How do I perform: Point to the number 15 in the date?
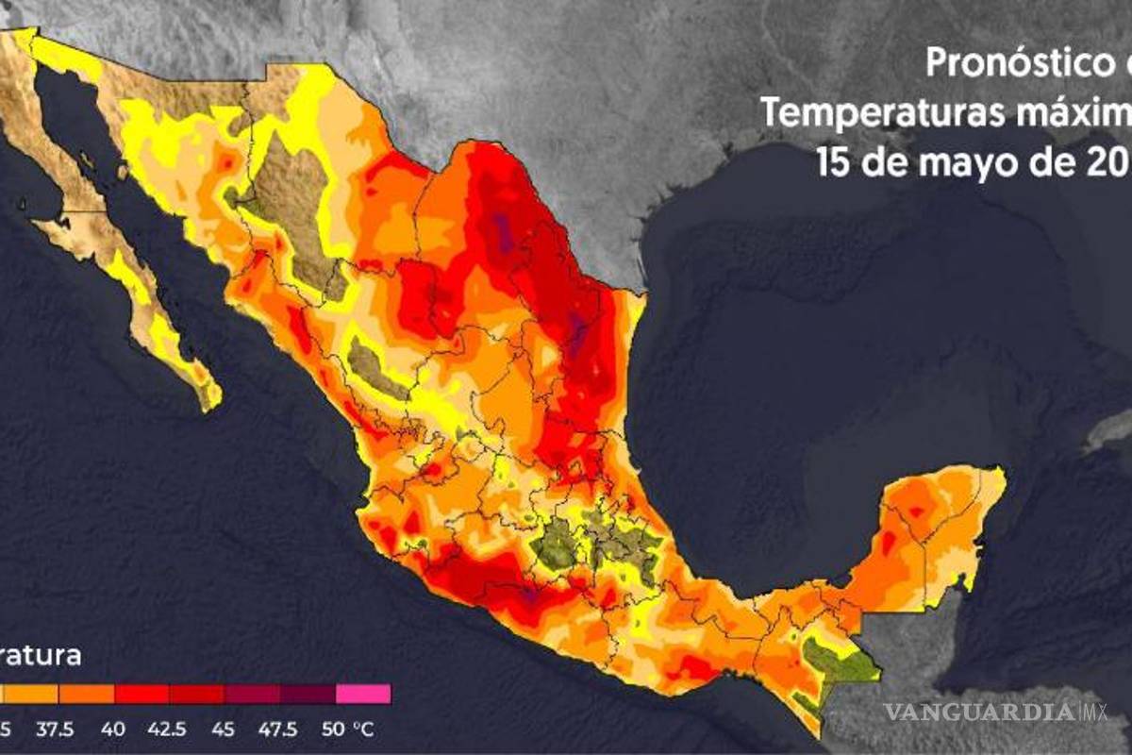pyautogui.click(x=834, y=162)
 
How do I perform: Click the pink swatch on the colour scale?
pyautogui.click(x=362, y=694)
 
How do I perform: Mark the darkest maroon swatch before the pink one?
pyautogui.click(x=308, y=694)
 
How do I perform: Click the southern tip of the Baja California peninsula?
pyautogui.click(x=209, y=404)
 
